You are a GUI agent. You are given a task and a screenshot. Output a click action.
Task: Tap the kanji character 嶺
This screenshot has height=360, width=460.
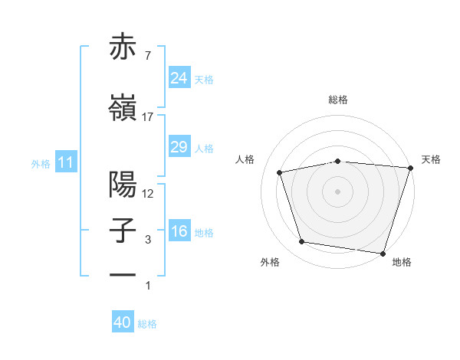(123, 108)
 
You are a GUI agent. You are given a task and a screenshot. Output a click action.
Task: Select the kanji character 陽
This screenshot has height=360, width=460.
(123, 185)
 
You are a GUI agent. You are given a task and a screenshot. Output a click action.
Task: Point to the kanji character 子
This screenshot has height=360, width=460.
(123, 231)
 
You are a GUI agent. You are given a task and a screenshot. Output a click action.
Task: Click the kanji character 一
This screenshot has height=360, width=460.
(123, 274)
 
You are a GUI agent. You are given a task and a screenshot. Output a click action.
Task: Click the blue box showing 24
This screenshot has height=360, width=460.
(179, 78)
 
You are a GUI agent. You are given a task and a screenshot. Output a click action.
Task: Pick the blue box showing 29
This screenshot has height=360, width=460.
(179, 147)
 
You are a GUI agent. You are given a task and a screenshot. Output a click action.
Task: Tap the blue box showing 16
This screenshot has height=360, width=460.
(179, 231)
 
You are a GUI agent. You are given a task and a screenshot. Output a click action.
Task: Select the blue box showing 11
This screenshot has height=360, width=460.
(66, 162)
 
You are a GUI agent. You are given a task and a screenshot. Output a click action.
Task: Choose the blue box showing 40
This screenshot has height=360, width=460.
(123, 322)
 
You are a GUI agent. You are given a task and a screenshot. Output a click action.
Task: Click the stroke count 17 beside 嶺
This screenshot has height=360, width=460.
(147, 117)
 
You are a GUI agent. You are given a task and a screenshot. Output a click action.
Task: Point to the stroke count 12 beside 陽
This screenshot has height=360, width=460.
(148, 194)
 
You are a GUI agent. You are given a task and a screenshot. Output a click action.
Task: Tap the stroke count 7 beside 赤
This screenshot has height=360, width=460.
(147, 55)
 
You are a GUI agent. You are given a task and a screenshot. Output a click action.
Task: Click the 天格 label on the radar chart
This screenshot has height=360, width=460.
(431, 159)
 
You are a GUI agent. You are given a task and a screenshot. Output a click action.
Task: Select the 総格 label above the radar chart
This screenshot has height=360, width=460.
(338, 100)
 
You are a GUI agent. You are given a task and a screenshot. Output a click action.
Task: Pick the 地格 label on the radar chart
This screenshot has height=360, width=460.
(402, 262)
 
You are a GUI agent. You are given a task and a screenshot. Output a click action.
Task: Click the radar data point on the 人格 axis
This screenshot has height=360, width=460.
(281, 172)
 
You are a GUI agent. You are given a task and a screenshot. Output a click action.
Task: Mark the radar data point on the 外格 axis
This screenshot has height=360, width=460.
(302, 242)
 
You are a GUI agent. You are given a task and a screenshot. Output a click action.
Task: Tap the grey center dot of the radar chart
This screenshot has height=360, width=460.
(338, 191)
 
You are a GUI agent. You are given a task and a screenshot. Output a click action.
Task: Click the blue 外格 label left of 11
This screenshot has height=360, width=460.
(41, 163)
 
